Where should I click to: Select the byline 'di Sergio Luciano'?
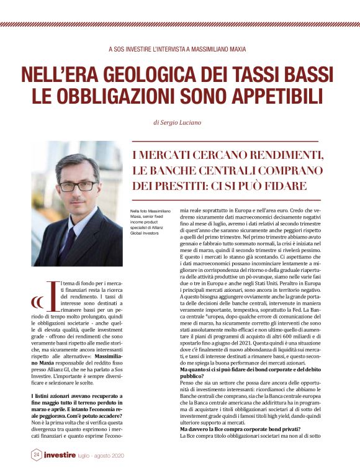coord(180,123)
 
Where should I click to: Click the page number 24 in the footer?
coord(37,454)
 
